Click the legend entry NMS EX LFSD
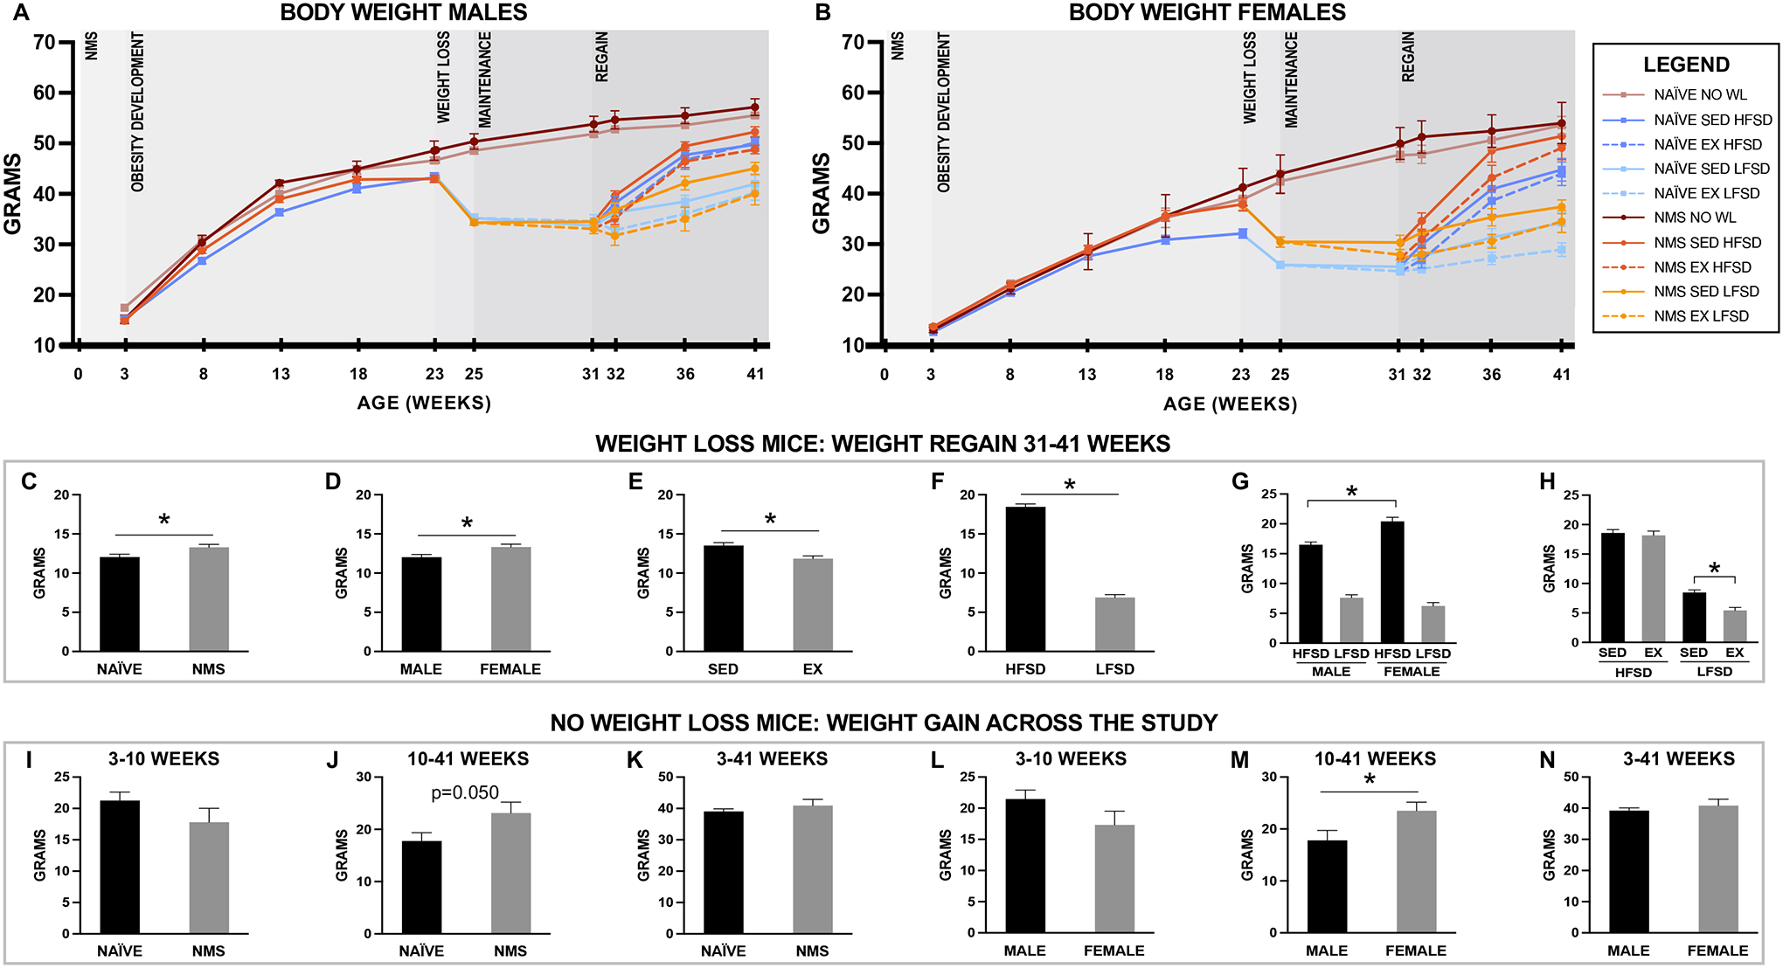tap(1701, 316)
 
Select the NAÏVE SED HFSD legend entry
tap(1712, 120)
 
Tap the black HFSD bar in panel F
tap(1025, 578)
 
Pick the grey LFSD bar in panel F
tap(1114, 624)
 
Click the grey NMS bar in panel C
tap(209, 599)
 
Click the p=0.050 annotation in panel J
tap(465, 792)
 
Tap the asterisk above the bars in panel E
tap(770, 520)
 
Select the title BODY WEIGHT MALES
tap(404, 12)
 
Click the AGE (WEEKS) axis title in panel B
tap(1230, 404)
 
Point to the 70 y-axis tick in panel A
tap(44, 43)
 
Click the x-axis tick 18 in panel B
tap(1164, 375)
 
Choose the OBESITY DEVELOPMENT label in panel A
tap(137, 112)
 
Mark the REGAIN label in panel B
tap(1407, 58)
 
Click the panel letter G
tap(1239, 481)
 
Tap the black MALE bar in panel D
tap(421, 604)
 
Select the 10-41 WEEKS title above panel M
tap(1375, 759)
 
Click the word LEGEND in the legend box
tap(1686, 65)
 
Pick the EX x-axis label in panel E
tap(813, 669)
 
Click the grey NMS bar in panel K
tap(813, 869)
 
